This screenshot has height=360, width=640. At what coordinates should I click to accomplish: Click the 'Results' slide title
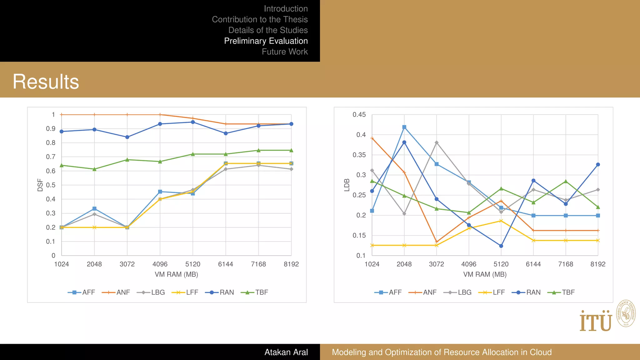point(46,82)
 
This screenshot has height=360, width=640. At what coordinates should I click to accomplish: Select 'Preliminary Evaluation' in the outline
point(266,41)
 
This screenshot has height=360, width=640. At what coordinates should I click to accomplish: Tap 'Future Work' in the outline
point(285,52)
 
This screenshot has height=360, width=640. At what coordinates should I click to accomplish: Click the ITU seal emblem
point(626,313)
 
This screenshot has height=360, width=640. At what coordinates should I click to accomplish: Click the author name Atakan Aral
point(286,352)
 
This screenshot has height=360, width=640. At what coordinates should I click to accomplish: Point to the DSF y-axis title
point(40,185)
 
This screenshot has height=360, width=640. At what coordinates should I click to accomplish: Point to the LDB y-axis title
point(347,185)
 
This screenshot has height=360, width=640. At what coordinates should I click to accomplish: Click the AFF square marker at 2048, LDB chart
point(404,127)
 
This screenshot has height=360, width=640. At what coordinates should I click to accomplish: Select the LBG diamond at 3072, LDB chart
point(437,142)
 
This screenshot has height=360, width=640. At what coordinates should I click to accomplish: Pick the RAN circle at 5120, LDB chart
point(501,246)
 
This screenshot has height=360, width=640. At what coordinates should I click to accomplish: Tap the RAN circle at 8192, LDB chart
point(598,164)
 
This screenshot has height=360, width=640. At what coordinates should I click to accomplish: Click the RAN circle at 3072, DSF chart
point(127,137)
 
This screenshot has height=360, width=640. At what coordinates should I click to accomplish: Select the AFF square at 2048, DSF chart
point(94,208)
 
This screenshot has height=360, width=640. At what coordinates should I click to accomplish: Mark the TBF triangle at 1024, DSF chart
point(62,165)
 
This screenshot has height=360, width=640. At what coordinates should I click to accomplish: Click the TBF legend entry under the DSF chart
point(255,292)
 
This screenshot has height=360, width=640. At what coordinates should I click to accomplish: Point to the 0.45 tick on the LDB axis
point(359,115)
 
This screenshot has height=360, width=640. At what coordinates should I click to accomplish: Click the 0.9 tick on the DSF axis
point(51,129)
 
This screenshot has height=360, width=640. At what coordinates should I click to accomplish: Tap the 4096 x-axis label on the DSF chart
point(160,264)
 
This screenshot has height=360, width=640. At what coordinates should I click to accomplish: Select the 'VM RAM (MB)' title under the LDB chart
point(485,274)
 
